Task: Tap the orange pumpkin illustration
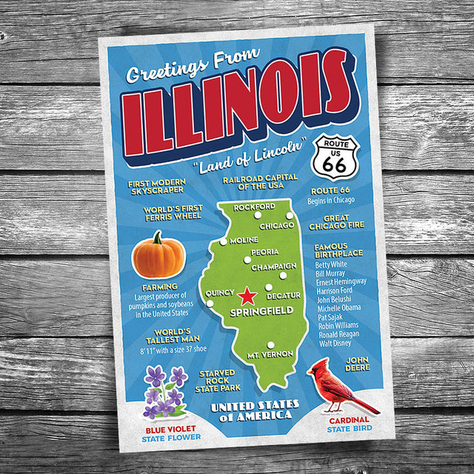158,256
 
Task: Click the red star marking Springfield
247,296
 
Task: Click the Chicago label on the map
278,225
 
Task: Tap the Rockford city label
254,207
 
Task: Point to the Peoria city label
264,253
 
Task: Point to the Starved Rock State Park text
216,380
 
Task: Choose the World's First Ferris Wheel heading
171,213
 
